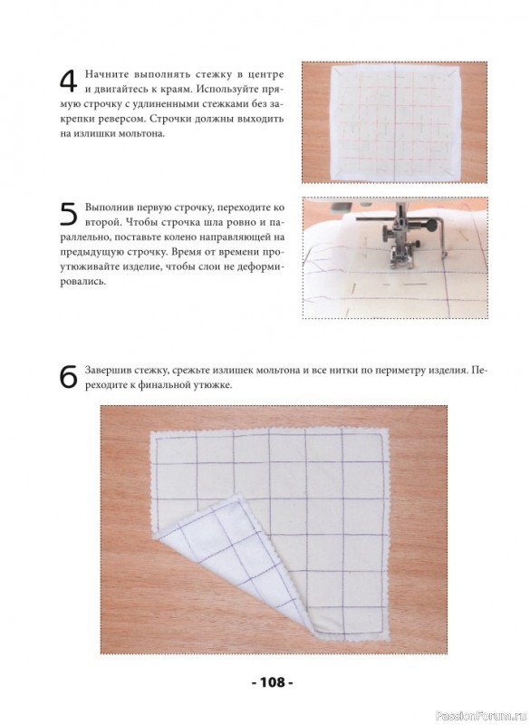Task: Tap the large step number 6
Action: [x=68, y=378]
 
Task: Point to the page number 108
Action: [x=273, y=682]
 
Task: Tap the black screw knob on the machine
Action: [x=431, y=226]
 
